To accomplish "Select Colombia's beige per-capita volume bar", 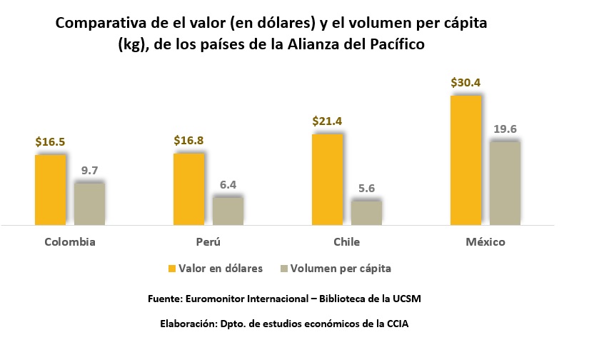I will point(89,204).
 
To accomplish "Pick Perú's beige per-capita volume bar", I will point(228,211).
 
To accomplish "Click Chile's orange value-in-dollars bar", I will point(327,179).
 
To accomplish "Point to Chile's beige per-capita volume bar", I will point(366,212).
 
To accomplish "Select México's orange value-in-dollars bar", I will point(465,160).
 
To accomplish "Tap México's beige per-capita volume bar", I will point(505,183).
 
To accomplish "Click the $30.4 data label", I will point(465,83).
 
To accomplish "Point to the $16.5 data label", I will point(50,141).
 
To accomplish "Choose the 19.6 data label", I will point(505,129).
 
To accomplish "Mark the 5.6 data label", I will point(366,189).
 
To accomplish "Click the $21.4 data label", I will point(327,121).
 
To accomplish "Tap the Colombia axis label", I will point(70,241).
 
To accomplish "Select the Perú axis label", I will point(208,241).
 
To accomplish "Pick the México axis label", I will point(485,241).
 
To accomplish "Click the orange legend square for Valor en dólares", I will point(171,269).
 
